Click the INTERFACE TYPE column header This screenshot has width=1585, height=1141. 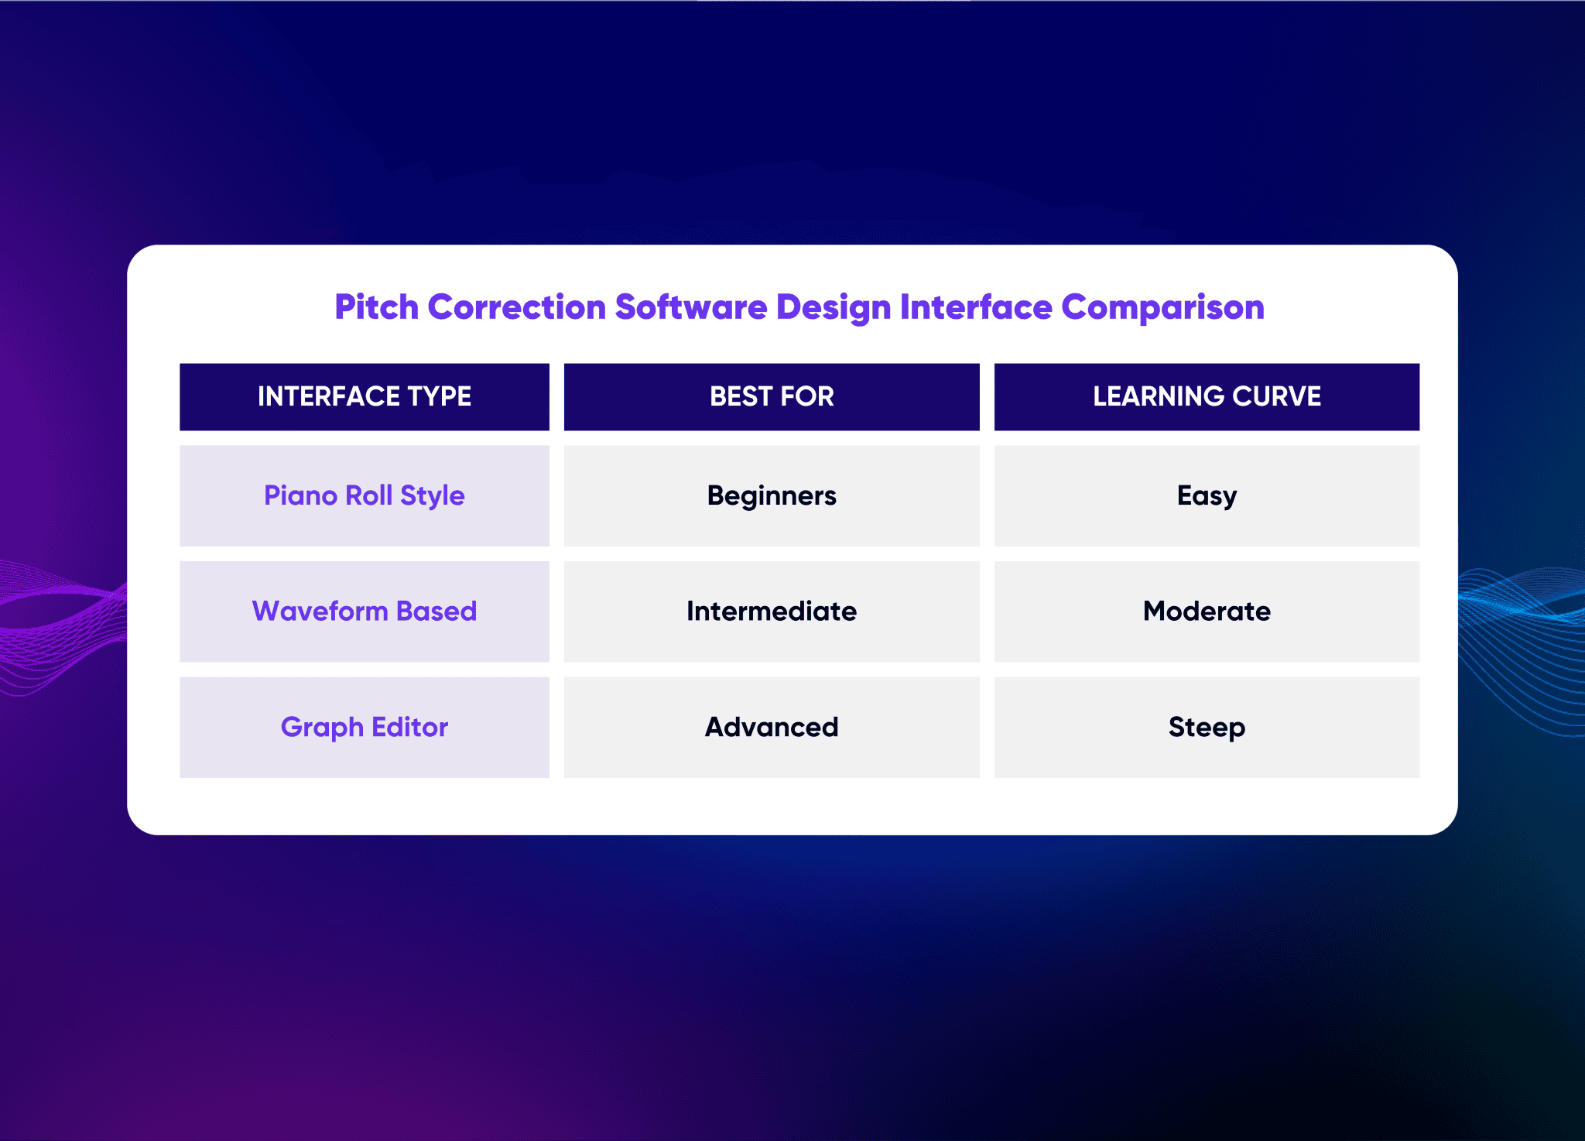[365, 396]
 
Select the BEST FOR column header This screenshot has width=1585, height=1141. [772, 396]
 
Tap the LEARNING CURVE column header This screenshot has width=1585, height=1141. [1207, 396]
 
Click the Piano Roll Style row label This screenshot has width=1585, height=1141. [365, 495]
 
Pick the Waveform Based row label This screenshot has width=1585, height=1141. [365, 612]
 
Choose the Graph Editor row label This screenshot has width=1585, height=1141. [365, 728]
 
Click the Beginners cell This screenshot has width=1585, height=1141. [772, 495]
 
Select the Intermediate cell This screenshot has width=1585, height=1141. [772, 612]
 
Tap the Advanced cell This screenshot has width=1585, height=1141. [772, 728]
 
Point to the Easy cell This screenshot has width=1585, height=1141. [1207, 495]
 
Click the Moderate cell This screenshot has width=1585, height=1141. [1207, 612]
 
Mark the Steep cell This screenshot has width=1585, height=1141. [1207, 728]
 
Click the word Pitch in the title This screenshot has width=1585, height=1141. [376, 307]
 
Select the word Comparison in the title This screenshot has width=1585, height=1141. [1162, 307]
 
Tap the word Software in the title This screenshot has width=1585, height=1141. [690, 307]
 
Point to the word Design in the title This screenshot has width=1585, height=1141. [833, 307]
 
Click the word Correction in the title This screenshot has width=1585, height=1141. [516, 307]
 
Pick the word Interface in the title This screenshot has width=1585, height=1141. [976, 307]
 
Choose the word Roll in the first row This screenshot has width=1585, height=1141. [368, 495]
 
